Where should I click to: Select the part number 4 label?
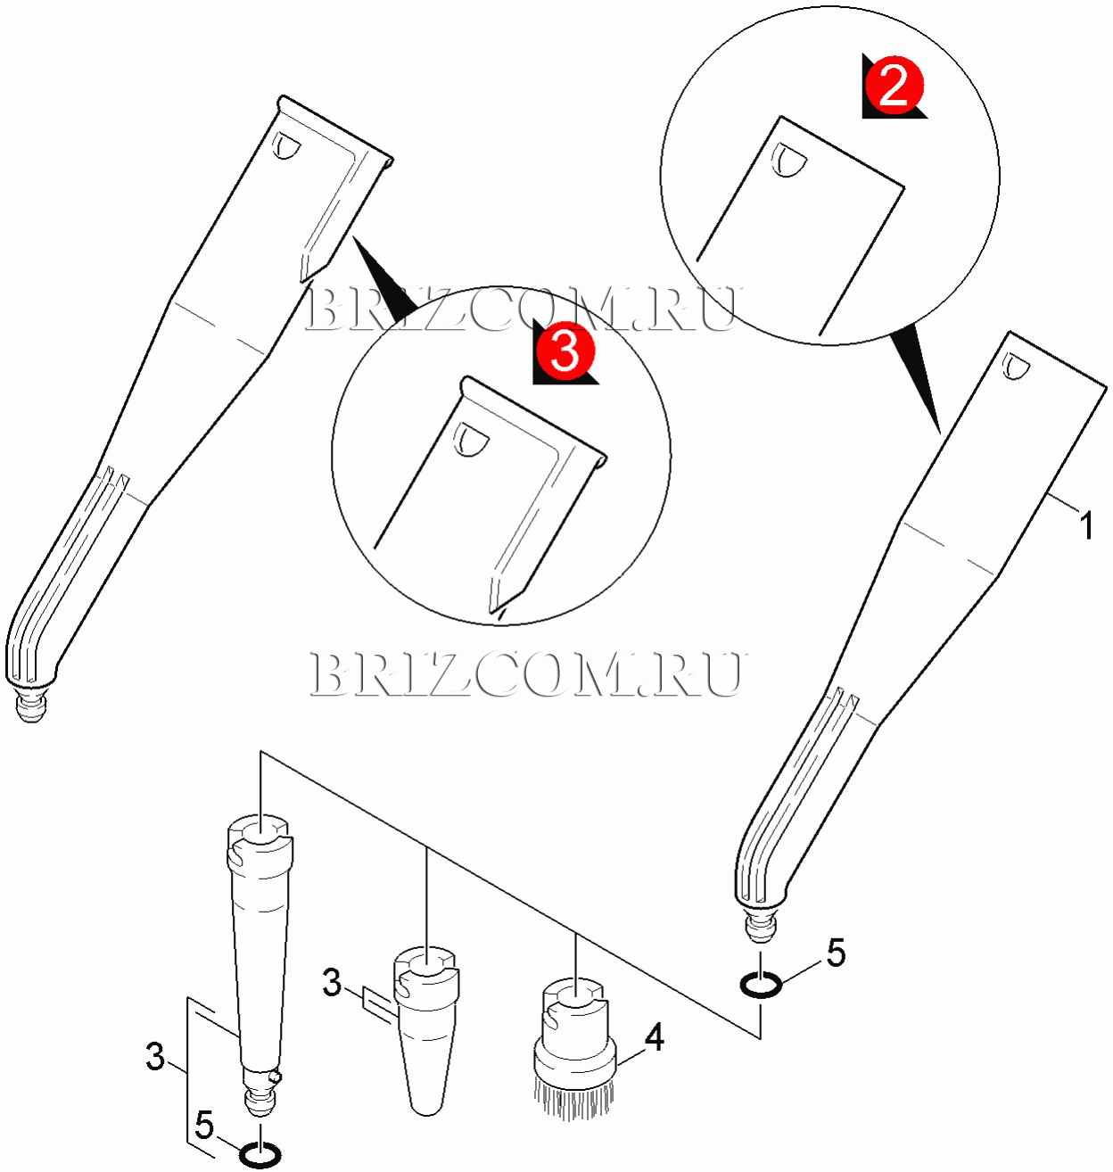click(654, 1039)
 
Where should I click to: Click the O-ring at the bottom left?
click(260, 1157)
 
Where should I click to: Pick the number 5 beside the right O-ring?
click(836, 953)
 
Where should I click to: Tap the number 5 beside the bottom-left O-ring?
click(204, 1127)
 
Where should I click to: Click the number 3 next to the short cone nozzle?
click(332, 982)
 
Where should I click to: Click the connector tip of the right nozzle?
click(760, 927)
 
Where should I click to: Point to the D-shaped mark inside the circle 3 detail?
click(471, 441)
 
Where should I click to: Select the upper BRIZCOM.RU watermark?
click(523, 309)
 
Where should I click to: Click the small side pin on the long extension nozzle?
click(274, 1077)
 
